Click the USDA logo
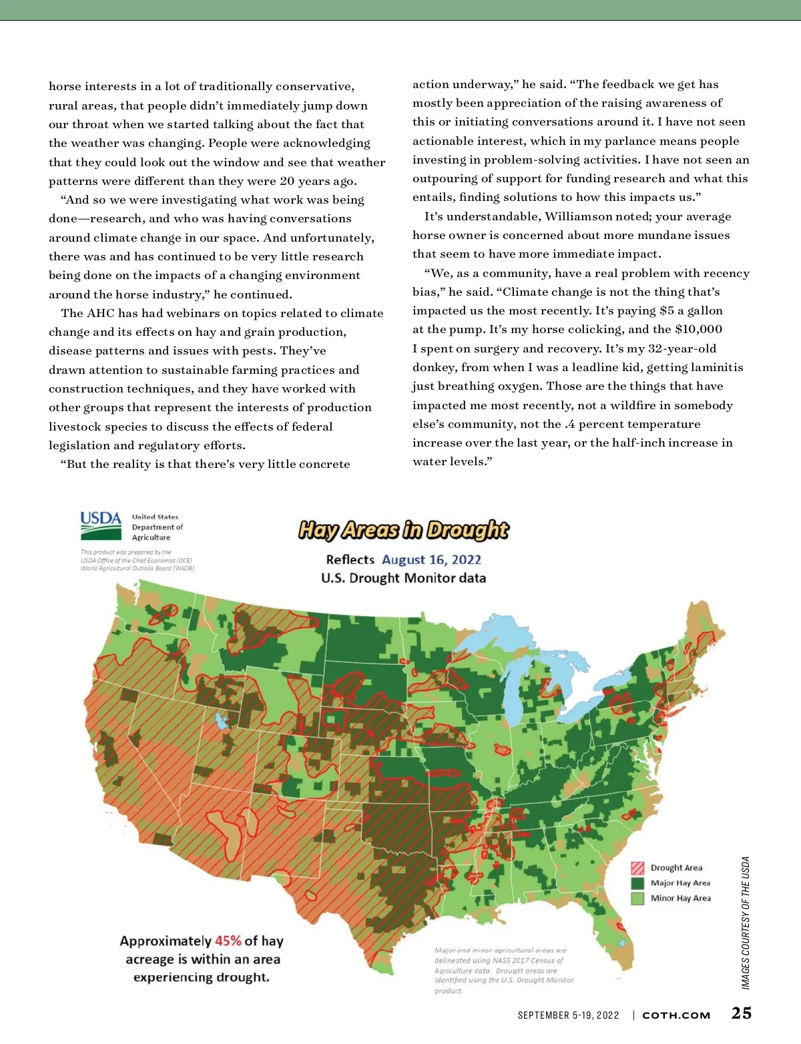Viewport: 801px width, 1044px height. click(101, 526)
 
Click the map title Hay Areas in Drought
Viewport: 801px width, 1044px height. click(403, 530)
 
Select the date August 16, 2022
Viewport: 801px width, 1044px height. click(431, 560)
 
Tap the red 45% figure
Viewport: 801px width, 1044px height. click(228, 941)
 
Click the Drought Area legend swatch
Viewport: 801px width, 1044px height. click(637, 868)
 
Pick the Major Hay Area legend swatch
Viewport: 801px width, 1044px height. click(637, 883)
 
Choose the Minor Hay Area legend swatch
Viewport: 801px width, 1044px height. click(637, 898)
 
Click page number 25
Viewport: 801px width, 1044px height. click(741, 1013)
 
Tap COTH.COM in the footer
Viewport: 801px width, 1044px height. click(676, 1015)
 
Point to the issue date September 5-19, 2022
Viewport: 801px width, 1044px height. click(568, 1015)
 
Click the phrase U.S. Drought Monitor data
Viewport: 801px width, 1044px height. click(403, 578)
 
